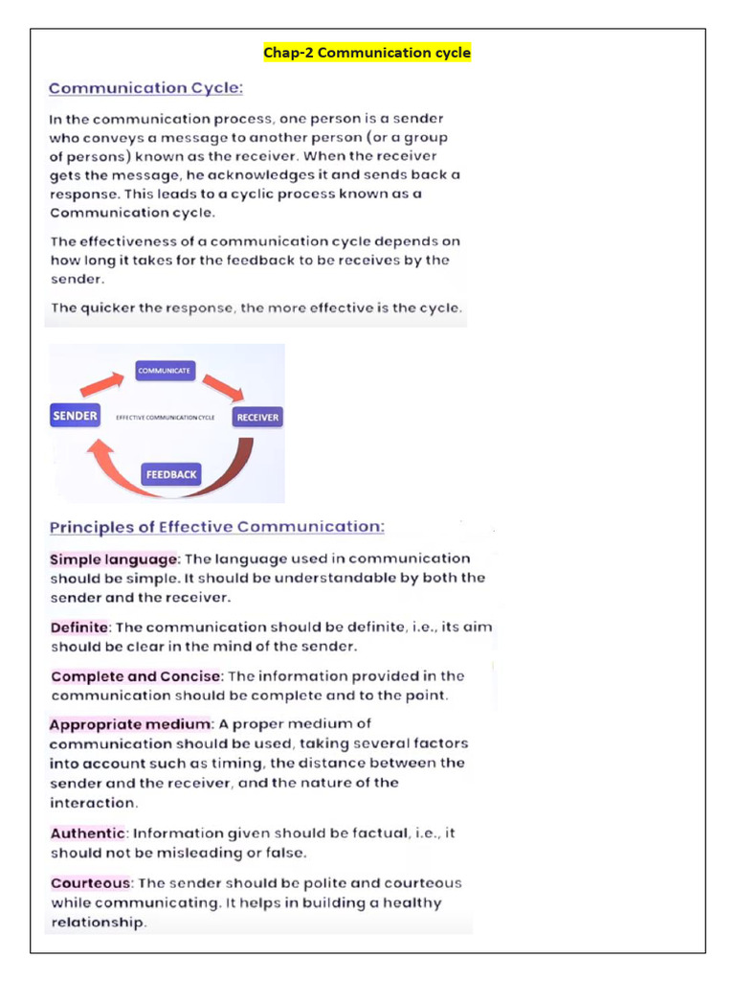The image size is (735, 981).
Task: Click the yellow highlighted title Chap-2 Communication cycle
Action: pyautogui.click(x=367, y=53)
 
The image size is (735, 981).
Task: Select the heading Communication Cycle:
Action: pyautogui.click(x=145, y=88)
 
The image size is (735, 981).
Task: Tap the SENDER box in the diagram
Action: pyautogui.click(x=75, y=417)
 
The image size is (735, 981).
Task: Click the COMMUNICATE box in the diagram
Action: pyautogui.click(x=165, y=370)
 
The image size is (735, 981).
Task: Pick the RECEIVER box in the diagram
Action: pyautogui.click(x=256, y=417)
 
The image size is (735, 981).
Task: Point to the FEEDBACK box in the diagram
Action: pyautogui.click(x=171, y=474)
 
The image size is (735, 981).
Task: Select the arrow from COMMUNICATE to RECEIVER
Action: pyautogui.click(x=224, y=387)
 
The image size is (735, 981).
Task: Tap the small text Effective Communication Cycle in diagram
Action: pyautogui.click(x=165, y=418)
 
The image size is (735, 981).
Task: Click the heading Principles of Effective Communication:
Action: pyautogui.click(x=217, y=527)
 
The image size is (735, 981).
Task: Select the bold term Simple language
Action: pyautogui.click(x=114, y=559)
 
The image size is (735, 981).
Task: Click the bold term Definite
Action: pyautogui.click(x=80, y=627)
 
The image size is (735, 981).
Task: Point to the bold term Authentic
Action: pyautogui.click(x=88, y=833)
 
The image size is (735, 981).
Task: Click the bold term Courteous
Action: pyautogui.click(x=91, y=883)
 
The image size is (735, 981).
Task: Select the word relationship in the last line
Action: pyautogui.click(x=98, y=924)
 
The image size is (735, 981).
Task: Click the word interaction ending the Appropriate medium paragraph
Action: pyautogui.click(x=93, y=803)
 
